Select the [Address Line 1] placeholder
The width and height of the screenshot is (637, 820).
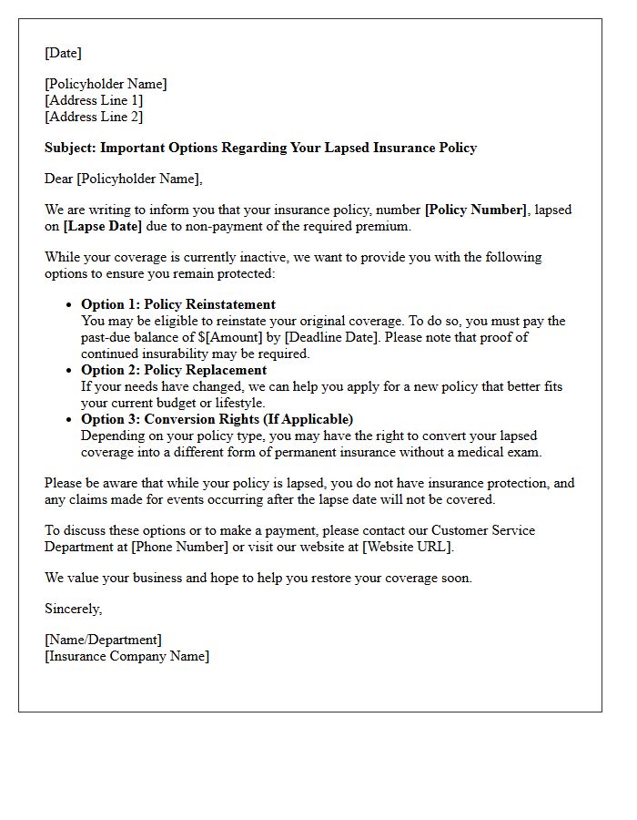(94, 100)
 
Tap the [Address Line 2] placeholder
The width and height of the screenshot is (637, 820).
(94, 117)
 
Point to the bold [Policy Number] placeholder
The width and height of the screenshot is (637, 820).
(476, 210)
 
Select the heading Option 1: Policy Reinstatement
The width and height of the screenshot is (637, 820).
(178, 304)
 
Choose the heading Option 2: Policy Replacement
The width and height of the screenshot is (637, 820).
(174, 370)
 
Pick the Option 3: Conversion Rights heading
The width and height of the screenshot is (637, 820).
(217, 419)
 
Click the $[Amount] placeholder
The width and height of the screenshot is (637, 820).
(227, 337)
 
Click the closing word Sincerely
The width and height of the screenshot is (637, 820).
(73, 609)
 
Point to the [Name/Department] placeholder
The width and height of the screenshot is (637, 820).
(103, 640)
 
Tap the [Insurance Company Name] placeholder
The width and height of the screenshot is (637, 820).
(126, 656)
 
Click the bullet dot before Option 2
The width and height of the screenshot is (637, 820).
(71, 371)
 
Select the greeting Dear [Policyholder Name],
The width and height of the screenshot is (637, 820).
(124, 179)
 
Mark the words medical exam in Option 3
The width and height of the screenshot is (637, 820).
(501, 452)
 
